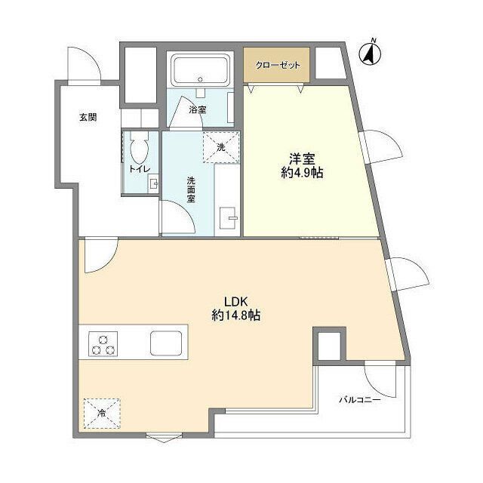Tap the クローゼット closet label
tap(277, 66)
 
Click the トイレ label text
tap(139, 169)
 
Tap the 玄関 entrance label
tap(87, 117)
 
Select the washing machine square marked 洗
tap(221, 147)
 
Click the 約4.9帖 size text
tap(302, 174)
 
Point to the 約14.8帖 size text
tap(235, 316)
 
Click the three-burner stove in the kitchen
tap(104, 343)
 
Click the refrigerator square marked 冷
tap(101, 413)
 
